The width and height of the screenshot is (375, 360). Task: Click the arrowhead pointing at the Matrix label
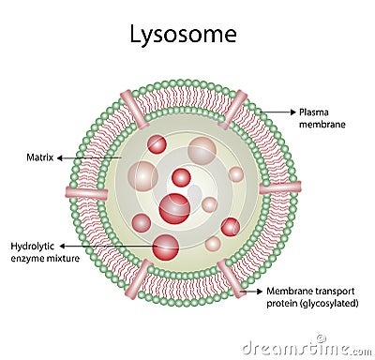click(x=59, y=157)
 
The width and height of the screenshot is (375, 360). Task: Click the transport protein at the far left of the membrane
click(x=85, y=192)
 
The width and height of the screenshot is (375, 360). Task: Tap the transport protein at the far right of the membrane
click(x=279, y=187)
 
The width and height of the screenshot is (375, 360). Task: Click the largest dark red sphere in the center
click(x=174, y=208)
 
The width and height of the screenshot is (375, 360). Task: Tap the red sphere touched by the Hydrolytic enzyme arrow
click(x=166, y=247)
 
